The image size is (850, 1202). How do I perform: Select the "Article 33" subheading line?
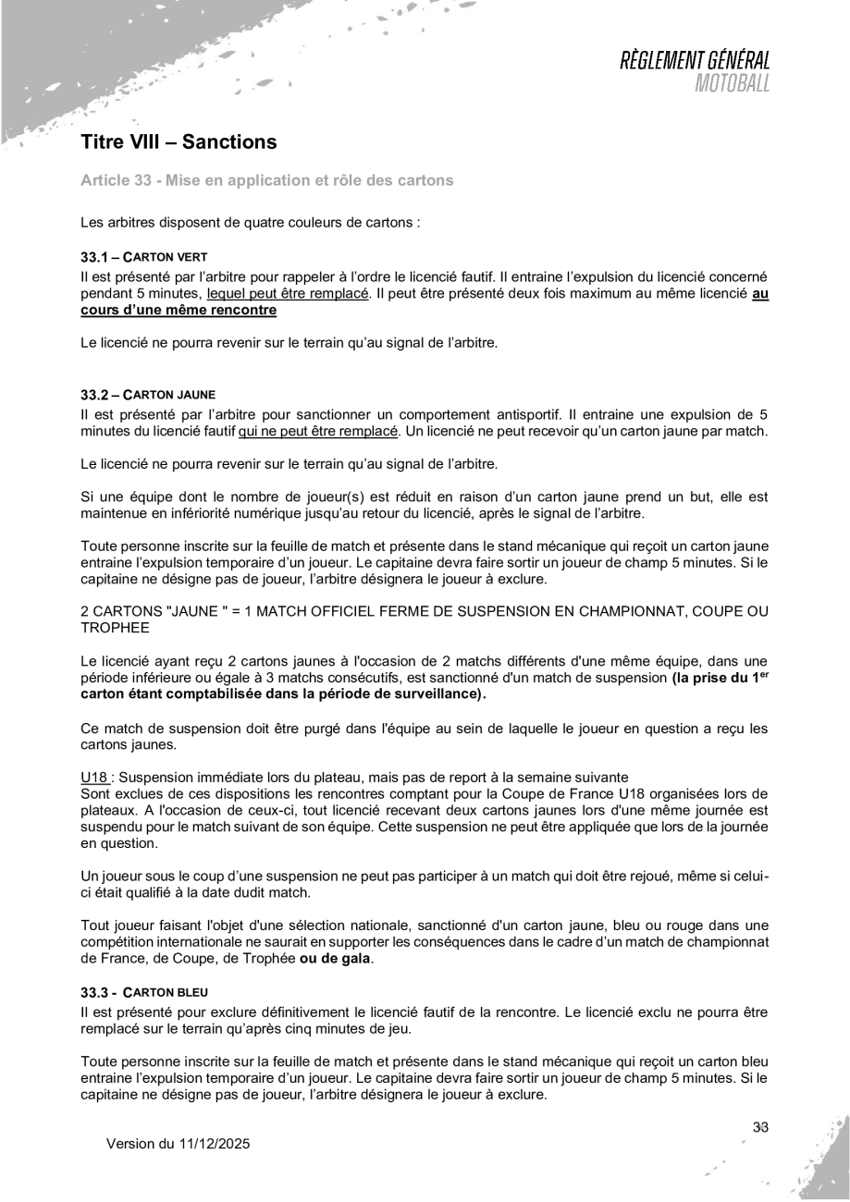coord(267,180)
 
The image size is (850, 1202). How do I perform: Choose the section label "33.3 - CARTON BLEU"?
coord(144,991)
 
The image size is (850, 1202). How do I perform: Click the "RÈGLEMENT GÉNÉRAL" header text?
coord(696,63)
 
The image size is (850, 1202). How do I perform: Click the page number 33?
coord(761,1127)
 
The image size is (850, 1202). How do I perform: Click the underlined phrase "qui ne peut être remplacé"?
coord(317,432)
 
